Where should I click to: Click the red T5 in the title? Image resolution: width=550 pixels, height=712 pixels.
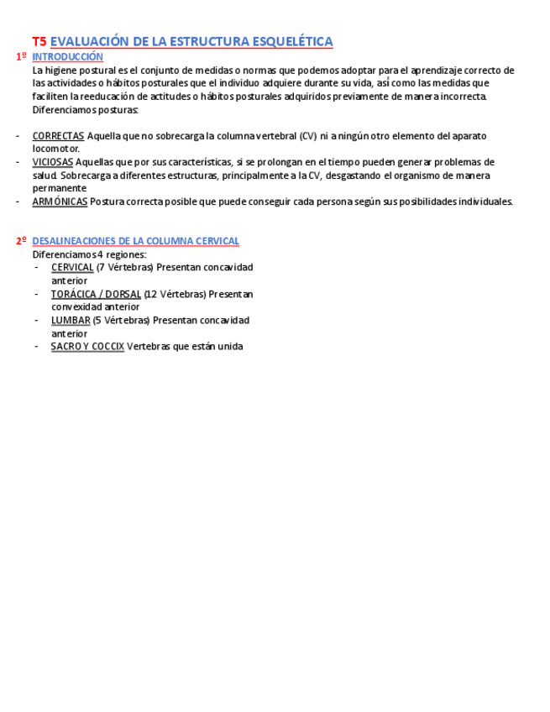click(39, 41)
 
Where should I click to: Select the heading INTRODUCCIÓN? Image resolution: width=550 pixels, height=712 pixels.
click(67, 57)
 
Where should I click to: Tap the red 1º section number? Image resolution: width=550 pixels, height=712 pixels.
click(21, 57)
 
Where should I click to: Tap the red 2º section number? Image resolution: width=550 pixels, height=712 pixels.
click(21, 241)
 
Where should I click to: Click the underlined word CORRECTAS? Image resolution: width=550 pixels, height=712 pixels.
click(58, 136)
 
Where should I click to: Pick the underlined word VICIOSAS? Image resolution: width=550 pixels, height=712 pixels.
click(52, 162)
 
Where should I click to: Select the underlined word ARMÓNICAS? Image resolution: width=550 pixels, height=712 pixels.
click(60, 202)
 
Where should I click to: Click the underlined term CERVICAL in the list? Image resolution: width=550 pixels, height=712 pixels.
click(72, 268)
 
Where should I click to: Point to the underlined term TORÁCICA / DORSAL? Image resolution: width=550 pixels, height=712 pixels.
click(96, 295)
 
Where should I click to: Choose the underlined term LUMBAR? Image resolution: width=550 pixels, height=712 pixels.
click(71, 321)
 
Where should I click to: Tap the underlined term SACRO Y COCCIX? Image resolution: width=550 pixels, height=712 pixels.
click(87, 347)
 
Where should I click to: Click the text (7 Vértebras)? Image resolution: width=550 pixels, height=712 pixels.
click(124, 268)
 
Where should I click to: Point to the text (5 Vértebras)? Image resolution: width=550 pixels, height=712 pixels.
click(121, 321)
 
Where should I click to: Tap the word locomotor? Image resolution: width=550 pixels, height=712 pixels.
click(56, 149)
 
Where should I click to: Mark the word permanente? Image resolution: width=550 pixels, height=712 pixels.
click(60, 188)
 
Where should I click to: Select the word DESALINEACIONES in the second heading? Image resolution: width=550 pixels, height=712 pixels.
click(75, 241)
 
